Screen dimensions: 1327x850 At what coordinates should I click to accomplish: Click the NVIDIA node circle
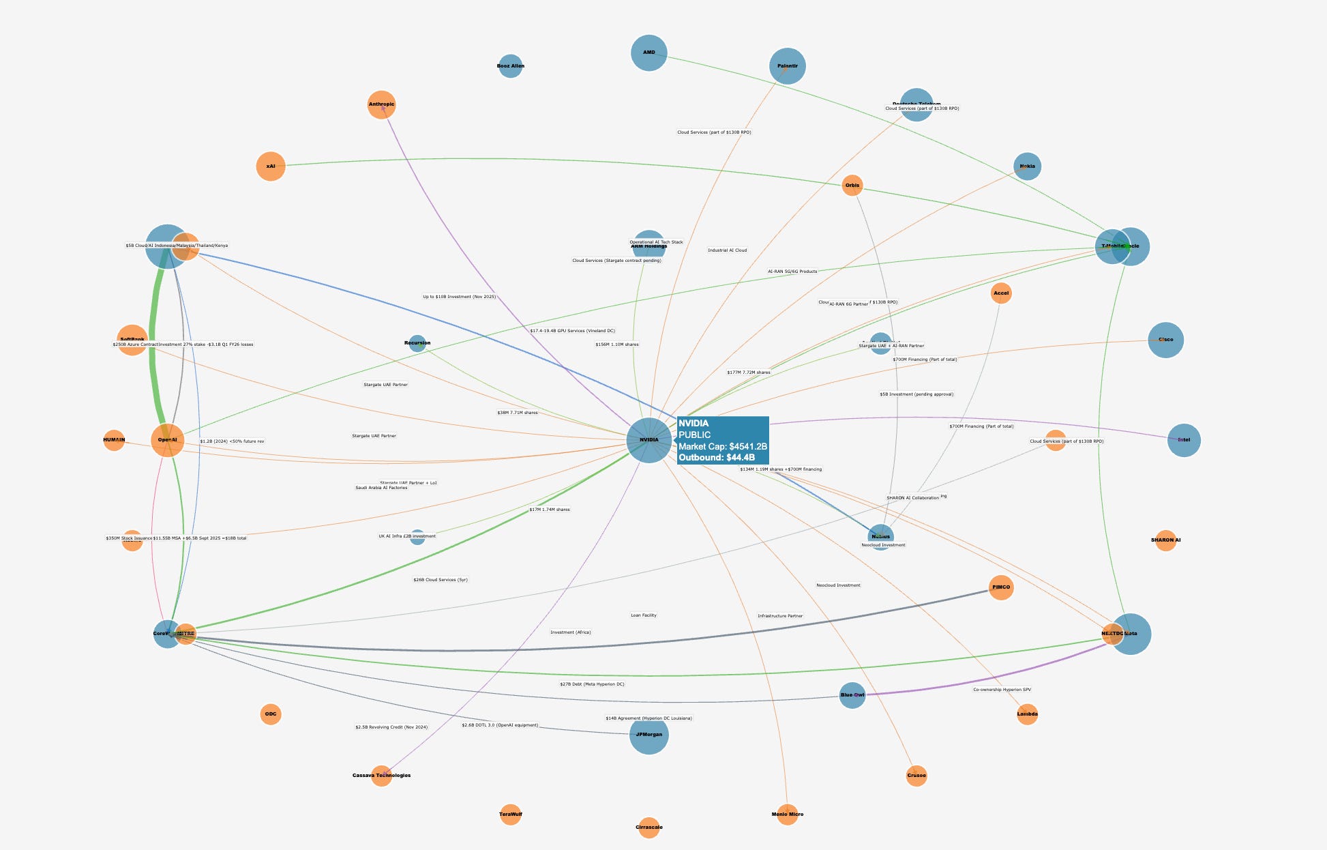pos(648,440)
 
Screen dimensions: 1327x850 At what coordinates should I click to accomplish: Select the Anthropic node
pos(381,104)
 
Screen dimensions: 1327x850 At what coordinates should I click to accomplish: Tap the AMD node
pos(648,53)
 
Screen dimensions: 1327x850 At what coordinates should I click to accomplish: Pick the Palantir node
pos(787,66)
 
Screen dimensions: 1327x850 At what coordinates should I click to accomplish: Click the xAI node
pos(271,166)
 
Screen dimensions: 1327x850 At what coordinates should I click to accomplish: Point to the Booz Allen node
pos(510,66)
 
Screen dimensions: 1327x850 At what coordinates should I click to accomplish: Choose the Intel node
pos(1184,440)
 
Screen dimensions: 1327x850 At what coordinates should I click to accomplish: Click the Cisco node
pos(1165,340)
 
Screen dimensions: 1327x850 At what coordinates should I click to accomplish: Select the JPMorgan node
pos(648,735)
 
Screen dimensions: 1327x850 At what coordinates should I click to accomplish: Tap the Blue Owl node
pos(852,695)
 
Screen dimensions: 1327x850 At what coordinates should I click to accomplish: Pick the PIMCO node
pos(1000,587)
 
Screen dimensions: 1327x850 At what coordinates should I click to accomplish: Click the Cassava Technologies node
pos(381,776)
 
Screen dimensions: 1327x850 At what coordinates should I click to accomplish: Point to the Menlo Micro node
pos(787,814)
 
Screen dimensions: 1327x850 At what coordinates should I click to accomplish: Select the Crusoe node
pos(916,776)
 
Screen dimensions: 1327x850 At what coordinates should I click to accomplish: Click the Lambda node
pos(1027,714)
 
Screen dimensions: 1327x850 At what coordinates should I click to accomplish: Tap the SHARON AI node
pos(1165,540)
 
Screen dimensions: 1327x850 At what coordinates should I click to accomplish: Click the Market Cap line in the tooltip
pos(722,446)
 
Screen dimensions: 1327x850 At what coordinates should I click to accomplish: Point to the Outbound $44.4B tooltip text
pos(717,458)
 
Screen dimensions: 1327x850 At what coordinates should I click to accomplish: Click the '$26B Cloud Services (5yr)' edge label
pos(441,580)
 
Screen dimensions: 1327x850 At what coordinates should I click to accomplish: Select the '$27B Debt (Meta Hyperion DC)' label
pos(592,684)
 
